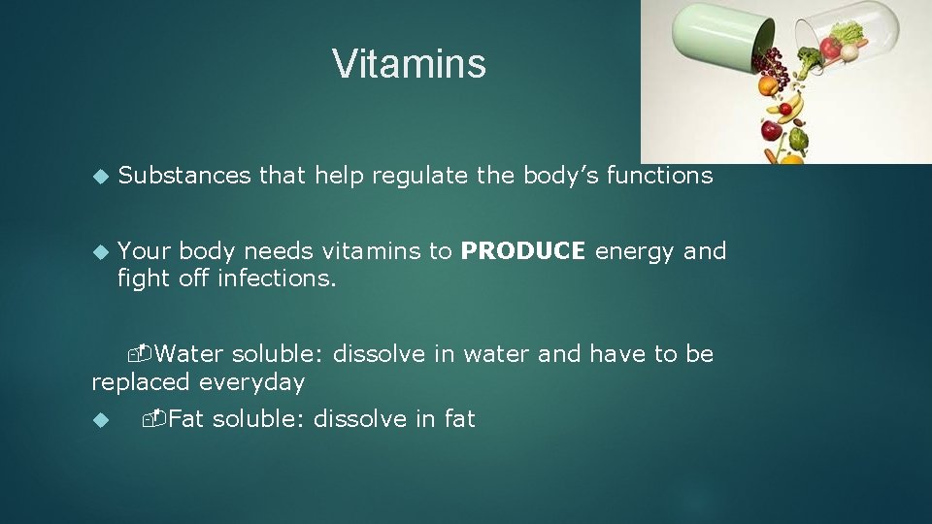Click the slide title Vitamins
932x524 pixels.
409,64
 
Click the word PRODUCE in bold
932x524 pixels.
523,251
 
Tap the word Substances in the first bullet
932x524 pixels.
183,176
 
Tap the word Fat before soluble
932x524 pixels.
186,419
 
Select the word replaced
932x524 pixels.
141,383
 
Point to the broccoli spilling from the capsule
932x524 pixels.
809,62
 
